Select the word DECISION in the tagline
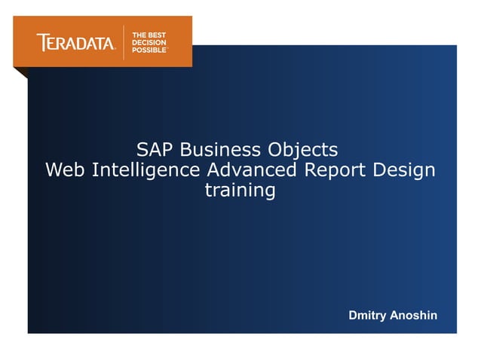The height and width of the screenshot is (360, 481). tap(150, 43)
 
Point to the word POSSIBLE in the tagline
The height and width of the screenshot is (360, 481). tap(150, 50)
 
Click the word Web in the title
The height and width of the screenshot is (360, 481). tap(66, 169)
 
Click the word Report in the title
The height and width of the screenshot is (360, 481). tap(335, 170)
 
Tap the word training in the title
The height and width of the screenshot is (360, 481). tap(240, 191)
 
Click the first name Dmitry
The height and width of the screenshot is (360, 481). tap(367, 315)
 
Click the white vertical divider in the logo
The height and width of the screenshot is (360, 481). tap(124, 42)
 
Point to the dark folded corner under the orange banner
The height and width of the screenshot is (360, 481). tap(21, 72)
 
